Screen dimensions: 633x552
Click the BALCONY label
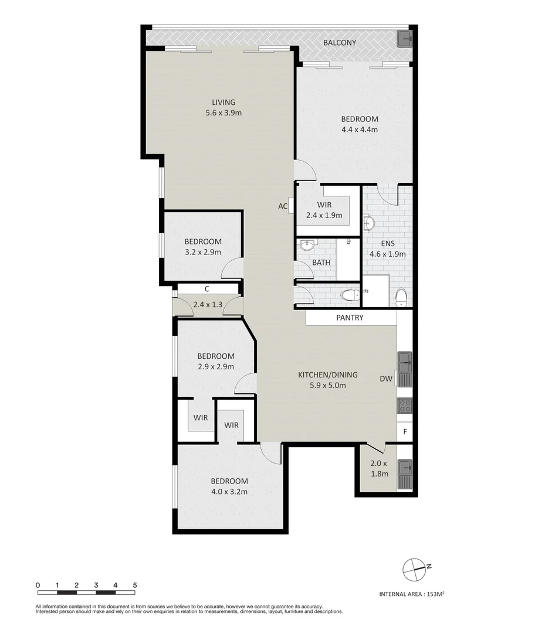point(340,43)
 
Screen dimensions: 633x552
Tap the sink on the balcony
point(405,39)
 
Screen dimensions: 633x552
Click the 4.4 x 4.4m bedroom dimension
point(360,130)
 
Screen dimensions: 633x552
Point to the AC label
point(283,206)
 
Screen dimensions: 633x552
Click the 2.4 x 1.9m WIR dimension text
point(324,215)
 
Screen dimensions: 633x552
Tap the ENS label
point(387,244)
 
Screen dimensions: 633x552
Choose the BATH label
point(321,263)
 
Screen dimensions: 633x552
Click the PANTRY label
point(350,318)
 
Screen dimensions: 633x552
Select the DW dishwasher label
point(385,379)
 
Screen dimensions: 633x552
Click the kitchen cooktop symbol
point(405,406)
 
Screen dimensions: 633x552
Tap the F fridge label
point(405,433)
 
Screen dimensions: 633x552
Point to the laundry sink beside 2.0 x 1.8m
point(405,474)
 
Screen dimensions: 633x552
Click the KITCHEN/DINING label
point(328,375)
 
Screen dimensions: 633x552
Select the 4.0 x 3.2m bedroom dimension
point(229,492)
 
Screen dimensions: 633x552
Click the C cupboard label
point(207,289)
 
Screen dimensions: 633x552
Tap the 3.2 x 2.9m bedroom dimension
point(202,252)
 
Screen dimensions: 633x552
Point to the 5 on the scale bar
point(135,585)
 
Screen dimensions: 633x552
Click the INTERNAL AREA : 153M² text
point(412,594)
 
